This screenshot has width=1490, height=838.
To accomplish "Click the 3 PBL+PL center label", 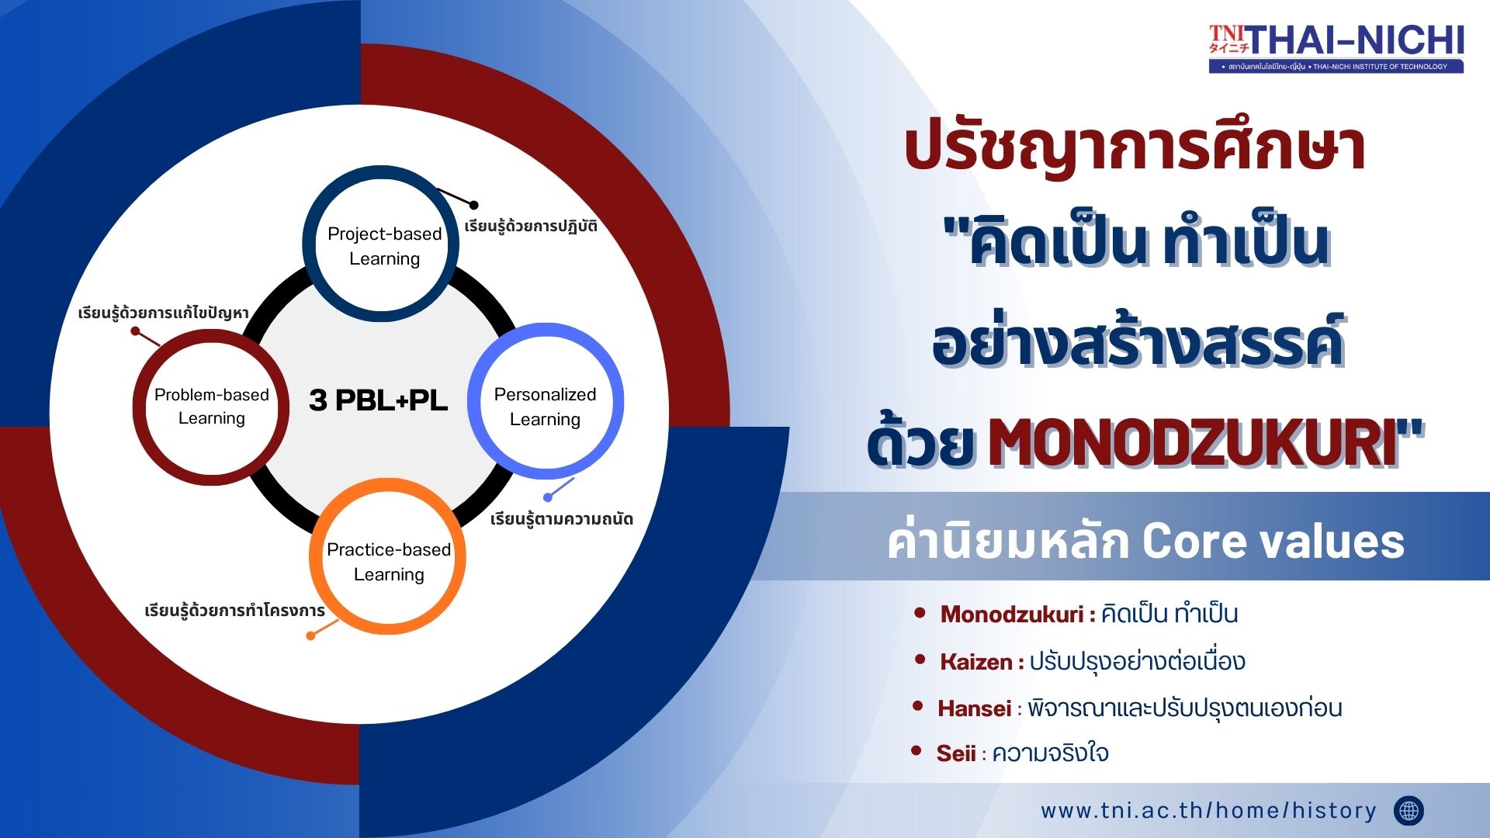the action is point(379,400).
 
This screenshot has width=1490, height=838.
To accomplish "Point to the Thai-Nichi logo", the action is point(1336,48).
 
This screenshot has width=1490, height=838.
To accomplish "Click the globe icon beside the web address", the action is point(1409,811).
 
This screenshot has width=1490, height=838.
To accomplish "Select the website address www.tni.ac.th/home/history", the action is point(1208,811).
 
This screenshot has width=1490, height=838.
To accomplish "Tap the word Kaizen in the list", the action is point(976,662).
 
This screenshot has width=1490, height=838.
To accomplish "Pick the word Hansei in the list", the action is point(975,708).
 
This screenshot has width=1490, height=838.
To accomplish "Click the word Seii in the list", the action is point(956,753).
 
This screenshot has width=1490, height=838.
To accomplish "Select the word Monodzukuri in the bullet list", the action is point(1012,615).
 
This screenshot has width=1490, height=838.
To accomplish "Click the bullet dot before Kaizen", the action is point(920,660).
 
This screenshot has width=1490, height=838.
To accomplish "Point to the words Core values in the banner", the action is point(1273,541).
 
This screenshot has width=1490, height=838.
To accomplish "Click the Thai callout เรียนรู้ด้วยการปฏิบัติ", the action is point(531,226).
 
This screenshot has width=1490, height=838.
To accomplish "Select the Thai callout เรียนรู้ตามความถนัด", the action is point(562,519).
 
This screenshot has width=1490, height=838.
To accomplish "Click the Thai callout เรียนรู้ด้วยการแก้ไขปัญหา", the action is point(163,313).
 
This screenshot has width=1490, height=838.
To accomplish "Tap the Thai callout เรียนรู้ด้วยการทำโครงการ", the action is point(234,611).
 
